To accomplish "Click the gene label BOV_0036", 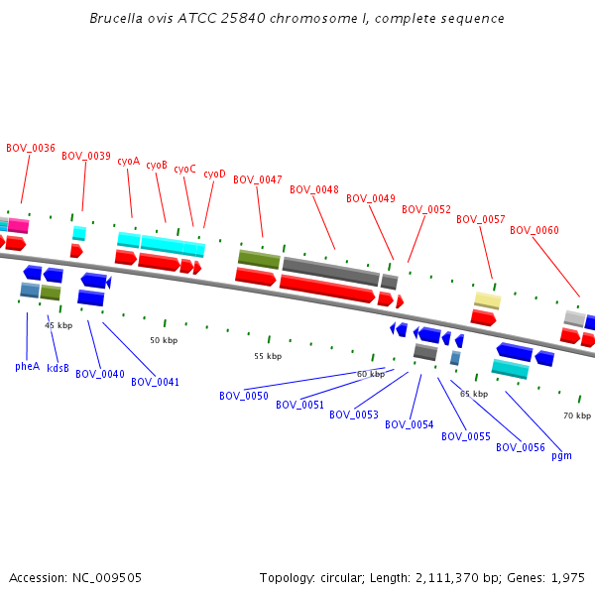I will (x=31, y=148).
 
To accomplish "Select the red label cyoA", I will (x=129, y=161).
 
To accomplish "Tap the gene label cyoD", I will (x=214, y=174).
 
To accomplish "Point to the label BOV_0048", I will (x=314, y=189).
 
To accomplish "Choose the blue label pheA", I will (x=27, y=366).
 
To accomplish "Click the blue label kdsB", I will (x=59, y=368).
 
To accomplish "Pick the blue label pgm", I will (x=561, y=455).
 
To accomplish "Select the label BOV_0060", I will (x=535, y=230).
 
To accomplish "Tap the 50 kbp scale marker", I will (x=164, y=340).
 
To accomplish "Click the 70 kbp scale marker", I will (x=577, y=416).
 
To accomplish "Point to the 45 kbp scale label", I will (x=59, y=324).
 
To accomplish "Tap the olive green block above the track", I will (x=259, y=259).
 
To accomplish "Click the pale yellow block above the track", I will (x=487, y=299).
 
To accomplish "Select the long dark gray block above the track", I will (x=330, y=265).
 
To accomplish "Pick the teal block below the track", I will (x=510, y=368).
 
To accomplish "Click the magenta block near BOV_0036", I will (x=18, y=225).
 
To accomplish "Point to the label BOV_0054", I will (x=410, y=424).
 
